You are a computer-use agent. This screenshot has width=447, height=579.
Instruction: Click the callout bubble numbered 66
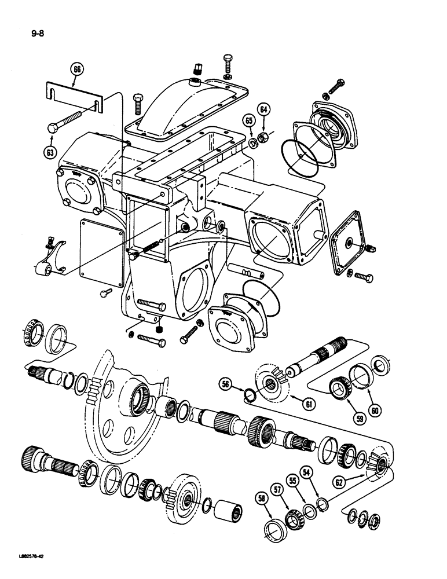tap(78, 71)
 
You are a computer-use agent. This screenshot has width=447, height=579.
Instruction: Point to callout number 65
tap(249, 120)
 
